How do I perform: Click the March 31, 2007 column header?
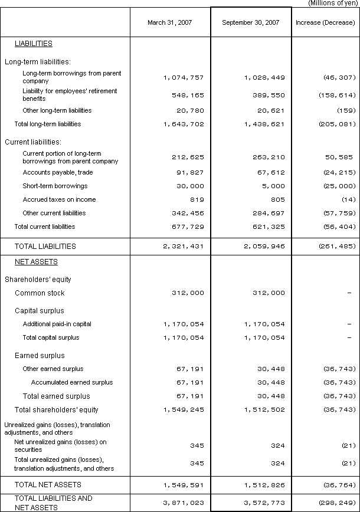170,22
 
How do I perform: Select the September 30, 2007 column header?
250,22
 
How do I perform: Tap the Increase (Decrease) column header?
326,22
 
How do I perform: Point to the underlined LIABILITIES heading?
33,44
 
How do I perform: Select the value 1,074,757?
182,77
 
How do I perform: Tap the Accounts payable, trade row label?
58,172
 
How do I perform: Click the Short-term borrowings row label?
55,186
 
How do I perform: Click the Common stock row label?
40,293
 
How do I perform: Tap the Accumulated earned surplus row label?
72,382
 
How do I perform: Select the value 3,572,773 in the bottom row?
261,502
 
